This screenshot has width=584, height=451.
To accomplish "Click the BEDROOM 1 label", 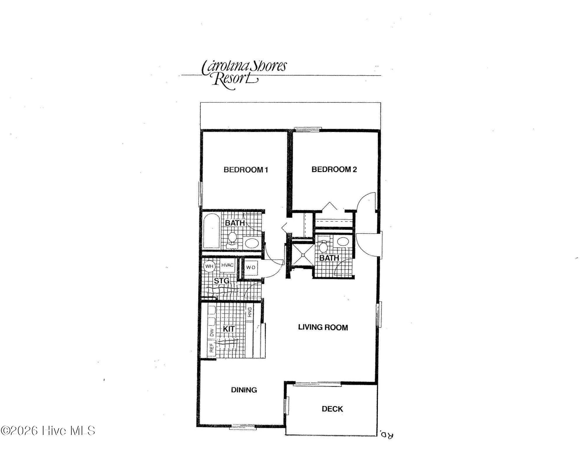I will tap(246, 170).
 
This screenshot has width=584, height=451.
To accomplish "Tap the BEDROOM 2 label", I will tap(334, 169).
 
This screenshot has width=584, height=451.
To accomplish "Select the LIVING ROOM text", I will tap(323, 327).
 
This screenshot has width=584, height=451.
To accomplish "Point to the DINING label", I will tap(244, 390).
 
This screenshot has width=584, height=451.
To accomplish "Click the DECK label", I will tap(332, 409).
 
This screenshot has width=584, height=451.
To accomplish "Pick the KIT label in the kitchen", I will tap(229, 329).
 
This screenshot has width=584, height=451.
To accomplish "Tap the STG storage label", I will tap(222, 281).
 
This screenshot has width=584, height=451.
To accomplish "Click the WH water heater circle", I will tap(209, 266).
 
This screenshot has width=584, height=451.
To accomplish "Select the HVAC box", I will tap(227, 265).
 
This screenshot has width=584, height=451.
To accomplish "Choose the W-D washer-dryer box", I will tap(251, 267).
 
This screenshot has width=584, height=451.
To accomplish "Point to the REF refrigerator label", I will tap(212, 347).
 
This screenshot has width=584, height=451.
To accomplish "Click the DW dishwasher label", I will tap(212, 332).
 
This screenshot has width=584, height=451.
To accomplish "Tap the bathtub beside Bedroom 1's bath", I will tap(211, 231).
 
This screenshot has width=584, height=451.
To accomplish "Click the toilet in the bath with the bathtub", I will tap(232, 238).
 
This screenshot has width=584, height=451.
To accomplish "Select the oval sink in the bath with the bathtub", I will tap(251, 243).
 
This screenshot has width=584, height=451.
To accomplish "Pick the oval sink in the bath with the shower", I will tap(343, 241).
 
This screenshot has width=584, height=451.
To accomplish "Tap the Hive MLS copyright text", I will tap(48, 431).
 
